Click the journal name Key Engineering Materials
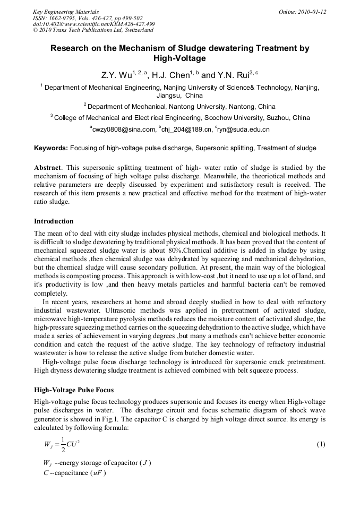click(66, 12)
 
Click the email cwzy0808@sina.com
click(124, 129)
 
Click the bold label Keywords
click(51, 148)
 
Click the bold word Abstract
click(48, 167)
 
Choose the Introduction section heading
click(54, 221)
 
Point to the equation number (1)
click(320, 444)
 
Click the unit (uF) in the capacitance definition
click(97, 473)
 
